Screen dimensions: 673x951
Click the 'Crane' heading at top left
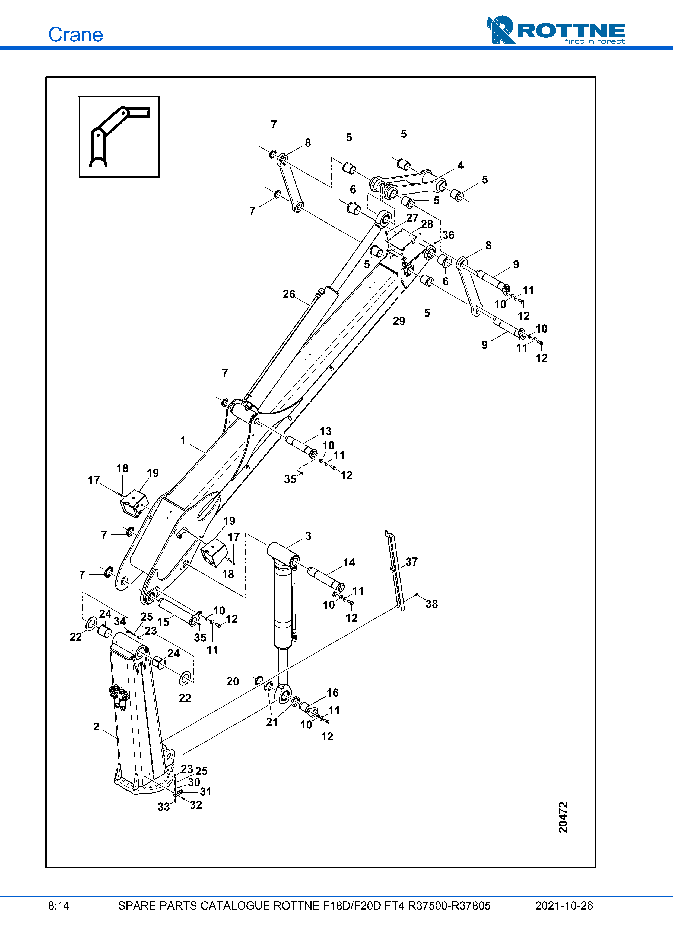[75, 34]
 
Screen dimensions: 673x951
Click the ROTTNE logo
[556, 30]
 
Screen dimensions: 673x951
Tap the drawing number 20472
[563, 817]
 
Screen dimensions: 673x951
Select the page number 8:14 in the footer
[58, 906]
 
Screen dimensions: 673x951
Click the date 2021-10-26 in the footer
[564, 906]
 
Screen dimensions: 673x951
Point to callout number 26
[289, 294]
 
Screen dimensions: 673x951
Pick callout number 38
[432, 604]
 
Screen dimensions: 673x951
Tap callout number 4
[460, 166]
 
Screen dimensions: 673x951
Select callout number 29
[399, 321]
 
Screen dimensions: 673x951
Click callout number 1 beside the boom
[183, 440]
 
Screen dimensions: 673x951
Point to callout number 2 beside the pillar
[97, 727]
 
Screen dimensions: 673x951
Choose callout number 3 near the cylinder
[308, 536]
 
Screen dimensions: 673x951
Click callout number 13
[326, 431]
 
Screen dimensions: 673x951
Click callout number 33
[164, 807]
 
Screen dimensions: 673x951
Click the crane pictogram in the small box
[119, 136]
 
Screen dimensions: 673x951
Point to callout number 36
[448, 235]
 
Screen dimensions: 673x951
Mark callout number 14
[349, 562]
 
